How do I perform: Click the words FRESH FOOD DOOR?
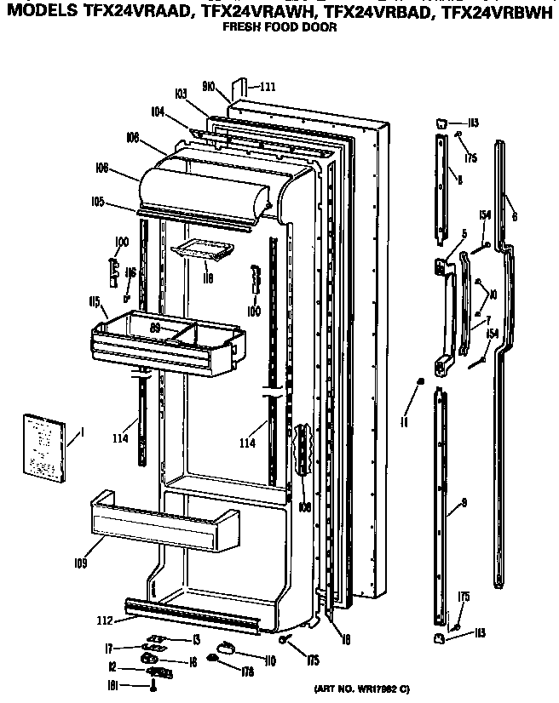(x=279, y=27)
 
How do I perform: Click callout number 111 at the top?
(x=268, y=87)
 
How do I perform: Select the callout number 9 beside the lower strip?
(x=464, y=504)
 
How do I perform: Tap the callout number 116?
(x=130, y=273)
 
